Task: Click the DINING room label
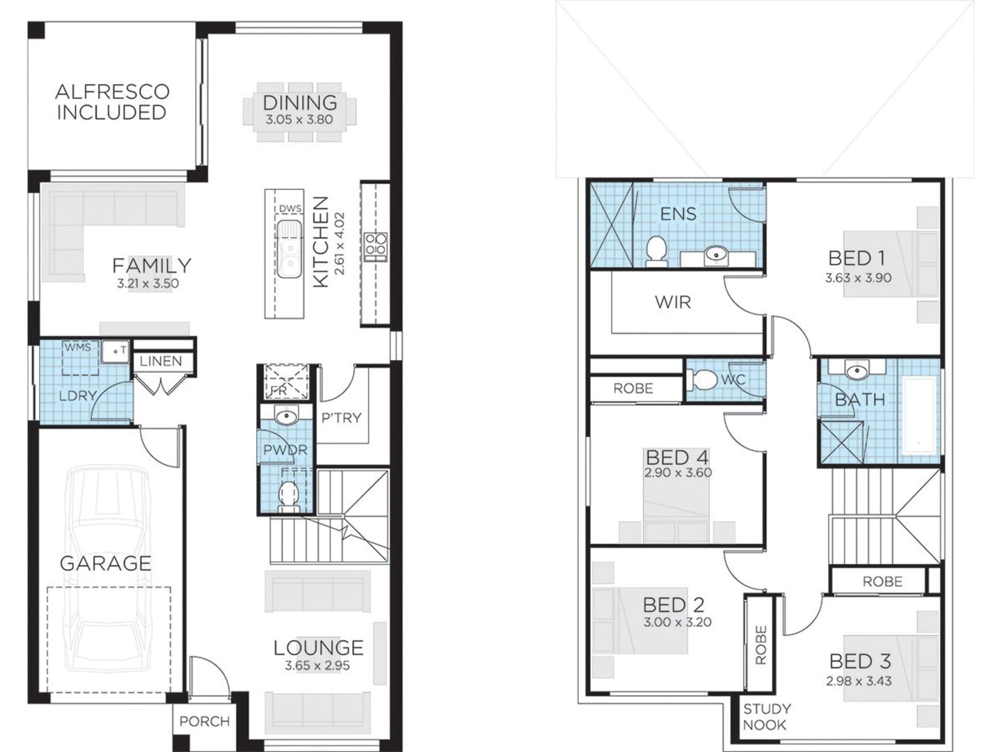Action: point(300,102)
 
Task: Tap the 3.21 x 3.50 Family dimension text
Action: point(148,283)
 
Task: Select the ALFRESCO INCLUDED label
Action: point(112,102)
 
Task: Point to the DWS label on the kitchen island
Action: point(289,208)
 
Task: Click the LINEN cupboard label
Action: point(161,361)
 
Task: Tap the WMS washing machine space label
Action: point(78,347)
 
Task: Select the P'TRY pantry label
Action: point(341,418)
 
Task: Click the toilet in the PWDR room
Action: point(287,495)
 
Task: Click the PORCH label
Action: point(204,721)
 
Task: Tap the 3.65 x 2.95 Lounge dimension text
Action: point(317,666)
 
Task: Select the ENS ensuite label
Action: point(678,214)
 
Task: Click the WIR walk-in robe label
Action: point(672,302)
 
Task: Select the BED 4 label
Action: point(676,457)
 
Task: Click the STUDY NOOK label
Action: point(766,716)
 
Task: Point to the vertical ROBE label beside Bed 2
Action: point(760,645)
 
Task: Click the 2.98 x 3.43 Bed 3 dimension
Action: point(859,681)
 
